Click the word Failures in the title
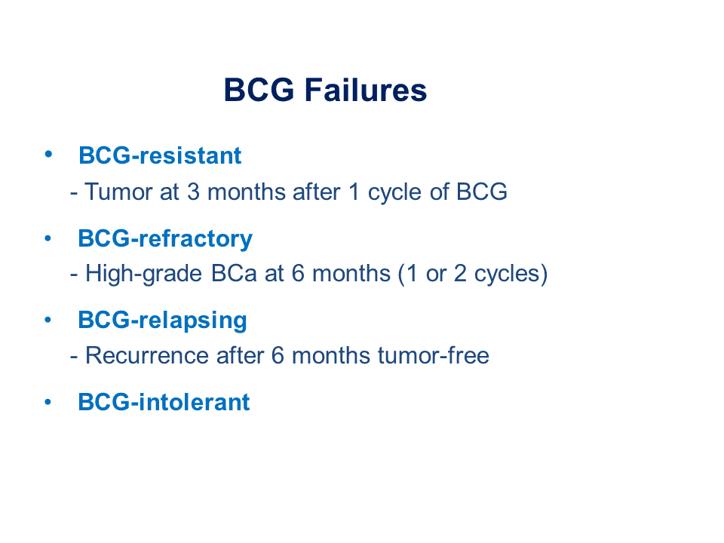click(x=366, y=90)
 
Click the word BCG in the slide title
click(x=259, y=90)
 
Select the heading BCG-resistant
click(x=160, y=155)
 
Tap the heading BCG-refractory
click(x=165, y=239)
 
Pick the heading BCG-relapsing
click(x=163, y=321)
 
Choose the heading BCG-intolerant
click(x=164, y=402)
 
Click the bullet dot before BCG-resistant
click(x=48, y=154)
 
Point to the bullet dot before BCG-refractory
click(x=48, y=239)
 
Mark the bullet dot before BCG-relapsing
click(x=48, y=320)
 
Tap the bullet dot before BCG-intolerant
click(x=48, y=402)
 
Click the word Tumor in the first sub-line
click(x=118, y=192)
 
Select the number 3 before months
click(x=194, y=192)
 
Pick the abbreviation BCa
click(x=234, y=273)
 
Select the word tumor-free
click(x=433, y=355)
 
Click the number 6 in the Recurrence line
click(x=278, y=355)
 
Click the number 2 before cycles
click(x=460, y=273)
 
